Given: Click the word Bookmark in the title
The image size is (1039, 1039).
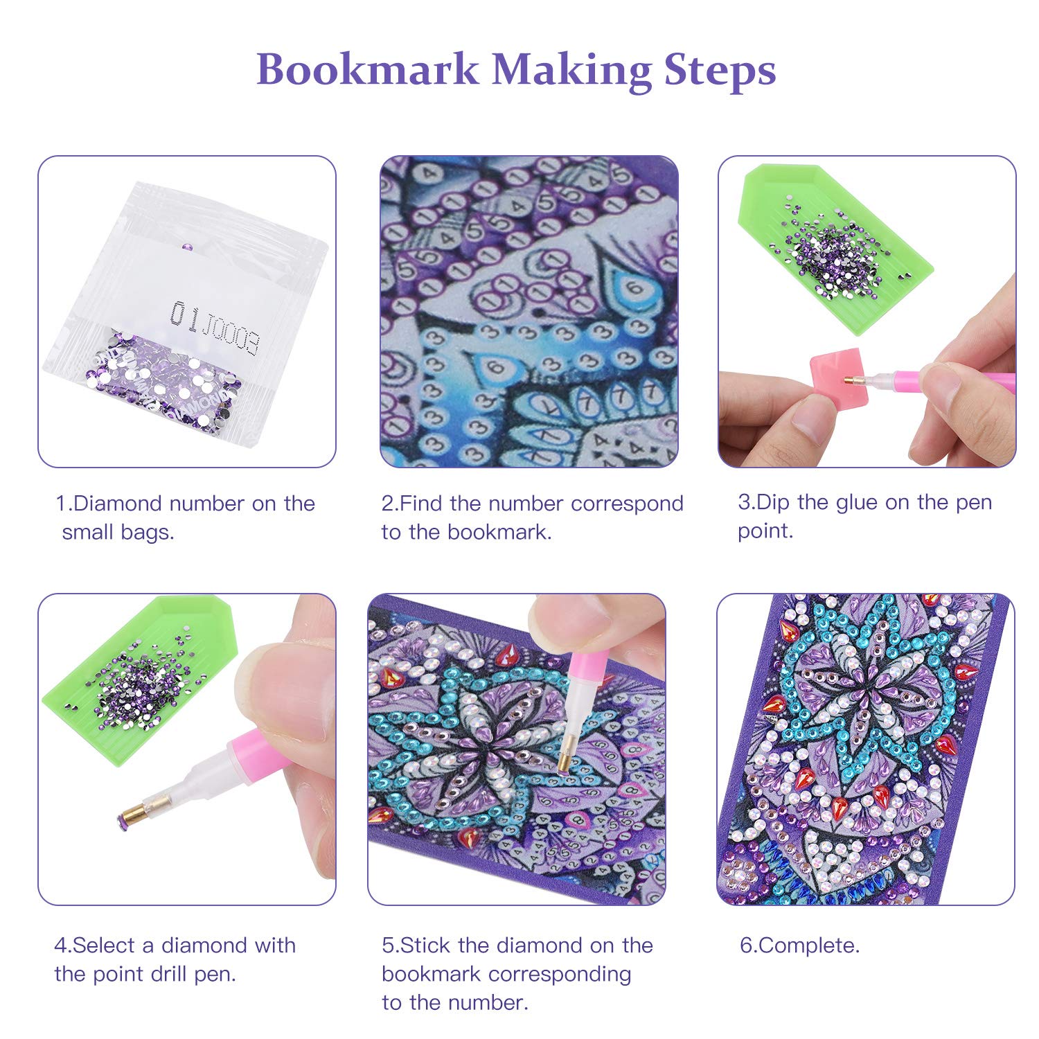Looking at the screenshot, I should point(367,69).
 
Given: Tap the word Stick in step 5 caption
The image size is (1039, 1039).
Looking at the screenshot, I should point(426,945).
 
